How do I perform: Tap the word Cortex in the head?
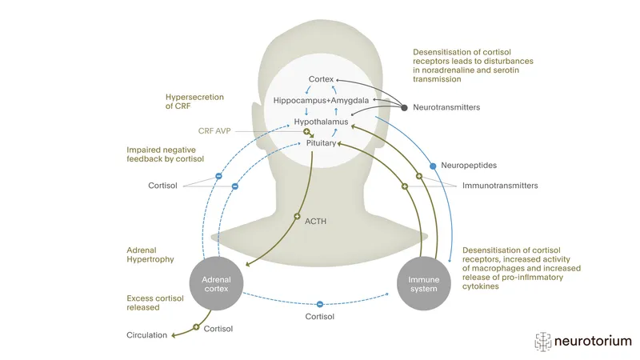322,79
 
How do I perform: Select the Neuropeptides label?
469,166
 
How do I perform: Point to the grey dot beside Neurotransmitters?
404,107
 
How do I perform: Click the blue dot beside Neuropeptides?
433,166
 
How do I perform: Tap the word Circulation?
147,335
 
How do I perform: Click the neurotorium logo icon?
544,340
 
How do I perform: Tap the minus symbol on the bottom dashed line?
319,303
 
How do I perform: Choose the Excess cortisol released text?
158,303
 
